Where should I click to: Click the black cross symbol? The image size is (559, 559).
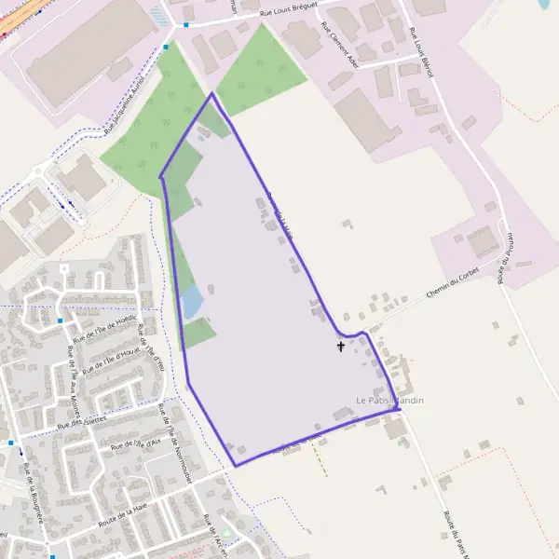(x=340, y=347)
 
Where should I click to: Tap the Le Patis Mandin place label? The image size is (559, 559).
(x=389, y=400)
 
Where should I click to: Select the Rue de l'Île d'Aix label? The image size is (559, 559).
(x=135, y=444)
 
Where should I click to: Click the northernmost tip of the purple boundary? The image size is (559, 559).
(x=212, y=93)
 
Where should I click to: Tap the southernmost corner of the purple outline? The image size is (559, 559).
(x=235, y=465)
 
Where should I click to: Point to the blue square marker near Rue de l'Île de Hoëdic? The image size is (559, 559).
(x=61, y=320)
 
